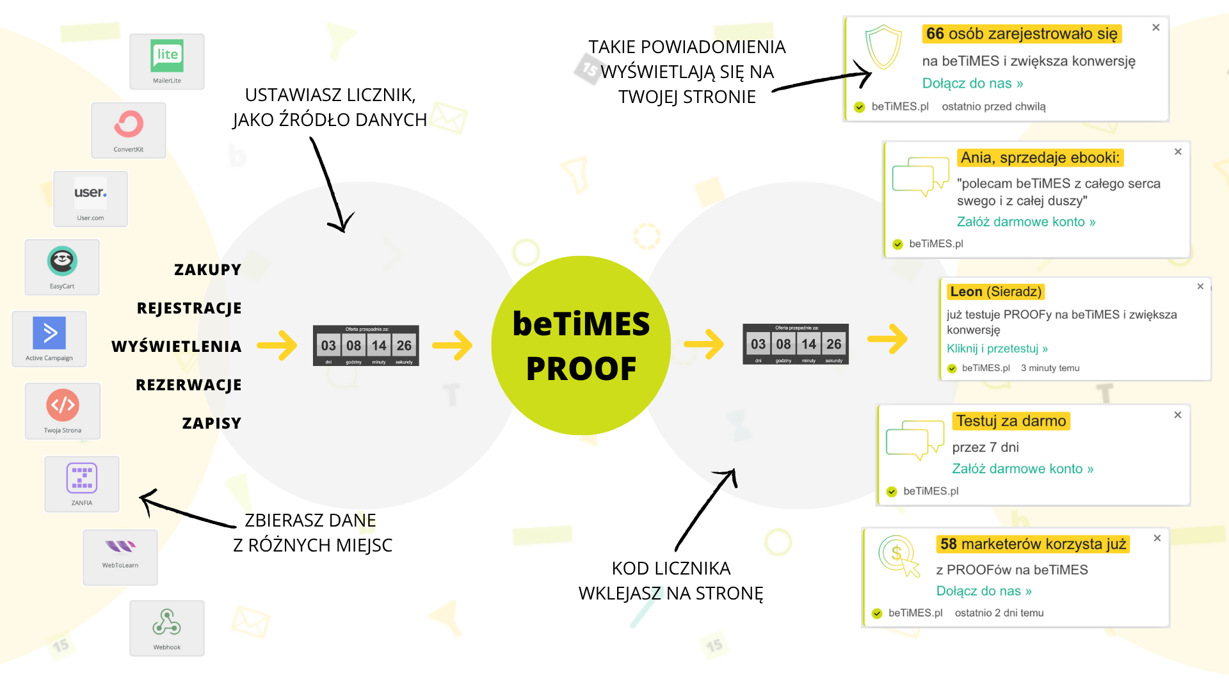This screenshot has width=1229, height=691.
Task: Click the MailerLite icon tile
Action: click(x=167, y=61)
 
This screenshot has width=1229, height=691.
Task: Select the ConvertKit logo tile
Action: click(x=129, y=130)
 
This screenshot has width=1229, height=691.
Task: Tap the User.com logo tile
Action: click(x=90, y=198)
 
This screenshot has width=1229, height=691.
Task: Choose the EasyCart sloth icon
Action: click(x=62, y=261)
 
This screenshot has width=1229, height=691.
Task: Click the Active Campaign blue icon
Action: click(x=49, y=333)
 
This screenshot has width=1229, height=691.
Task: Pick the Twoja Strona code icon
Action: click(x=63, y=405)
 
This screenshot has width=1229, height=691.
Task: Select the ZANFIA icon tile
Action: click(x=82, y=479)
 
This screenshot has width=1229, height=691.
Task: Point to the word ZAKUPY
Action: click(x=208, y=270)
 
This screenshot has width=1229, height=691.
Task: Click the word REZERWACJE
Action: click(x=189, y=385)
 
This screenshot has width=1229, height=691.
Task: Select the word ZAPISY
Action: click(x=212, y=424)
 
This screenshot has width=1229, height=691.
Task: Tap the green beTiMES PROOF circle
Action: click(x=581, y=345)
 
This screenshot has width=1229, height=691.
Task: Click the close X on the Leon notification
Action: click(x=1200, y=287)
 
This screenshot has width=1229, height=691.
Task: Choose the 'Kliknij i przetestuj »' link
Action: click(x=997, y=349)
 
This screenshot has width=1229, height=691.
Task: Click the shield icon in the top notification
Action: click(x=883, y=47)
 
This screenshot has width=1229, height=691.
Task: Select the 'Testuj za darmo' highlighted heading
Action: click(x=1011, y=421)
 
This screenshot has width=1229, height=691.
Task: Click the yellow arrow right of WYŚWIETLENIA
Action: click(x=277, y=345)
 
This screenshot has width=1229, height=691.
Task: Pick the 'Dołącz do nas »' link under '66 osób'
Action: click(x=972, y=84)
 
